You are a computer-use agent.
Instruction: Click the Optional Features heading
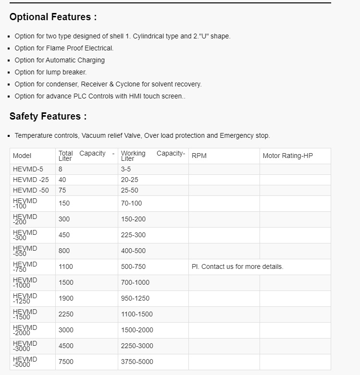point(53,17)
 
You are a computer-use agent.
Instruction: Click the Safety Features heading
point(48,117)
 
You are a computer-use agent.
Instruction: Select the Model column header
point(22,156)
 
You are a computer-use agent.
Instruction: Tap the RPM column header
point(199,156)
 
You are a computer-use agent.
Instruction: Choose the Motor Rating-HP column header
point(287,156)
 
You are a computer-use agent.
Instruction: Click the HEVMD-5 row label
point(28,169)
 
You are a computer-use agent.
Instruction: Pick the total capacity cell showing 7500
point(66,362)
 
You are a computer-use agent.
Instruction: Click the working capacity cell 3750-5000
point(137,362)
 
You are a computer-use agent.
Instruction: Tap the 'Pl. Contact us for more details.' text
point(237,267)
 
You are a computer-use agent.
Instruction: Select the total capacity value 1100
point(66,267)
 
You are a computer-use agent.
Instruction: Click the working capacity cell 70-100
point(131,204)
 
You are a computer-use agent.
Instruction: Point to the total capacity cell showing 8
point(61,169)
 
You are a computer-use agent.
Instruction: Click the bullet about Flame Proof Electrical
point(64,48)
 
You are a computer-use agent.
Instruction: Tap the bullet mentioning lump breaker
point(50,73)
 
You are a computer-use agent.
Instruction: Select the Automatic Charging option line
point(60,60)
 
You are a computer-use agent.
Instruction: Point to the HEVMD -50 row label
point(31,191)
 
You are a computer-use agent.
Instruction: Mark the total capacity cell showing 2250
point(66,315)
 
